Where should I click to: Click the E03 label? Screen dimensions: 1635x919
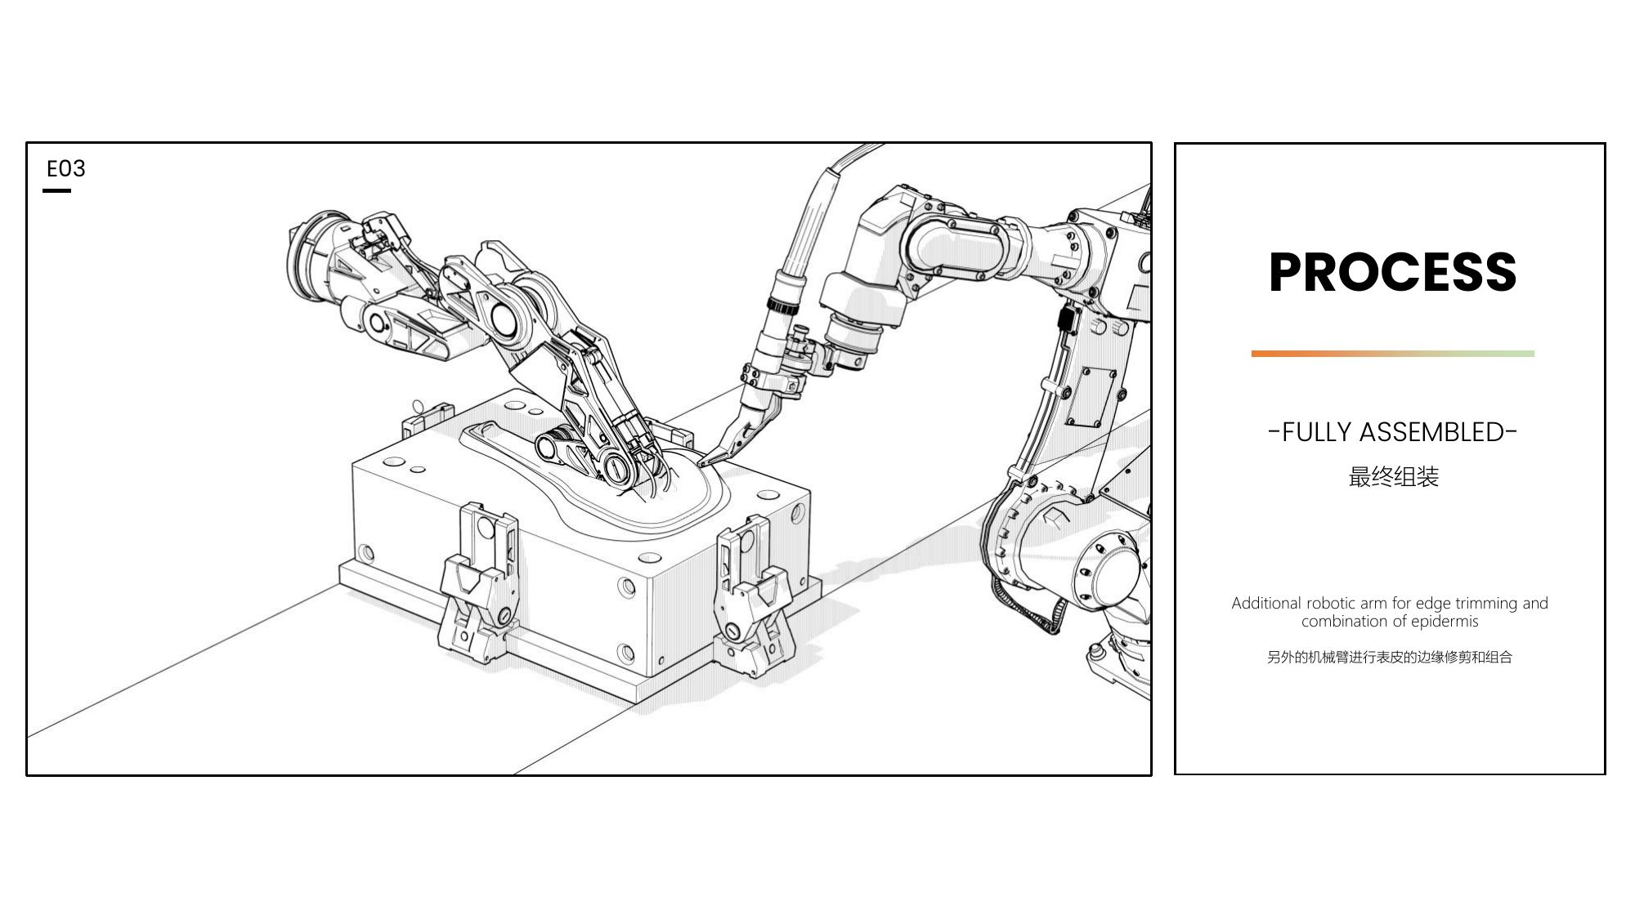(66, 168)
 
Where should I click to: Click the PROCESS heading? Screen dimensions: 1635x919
(1392, 271)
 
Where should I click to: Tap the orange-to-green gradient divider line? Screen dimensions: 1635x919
(1392, 354)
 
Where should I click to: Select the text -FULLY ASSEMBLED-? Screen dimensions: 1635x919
(1392, 431)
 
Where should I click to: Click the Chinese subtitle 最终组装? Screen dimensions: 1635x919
(1393, 477)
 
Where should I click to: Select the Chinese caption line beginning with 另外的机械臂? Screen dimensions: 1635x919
(1390, 657)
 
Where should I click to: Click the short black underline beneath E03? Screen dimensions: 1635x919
(56, 190)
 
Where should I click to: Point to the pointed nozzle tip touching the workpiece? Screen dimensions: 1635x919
(702, 462)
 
